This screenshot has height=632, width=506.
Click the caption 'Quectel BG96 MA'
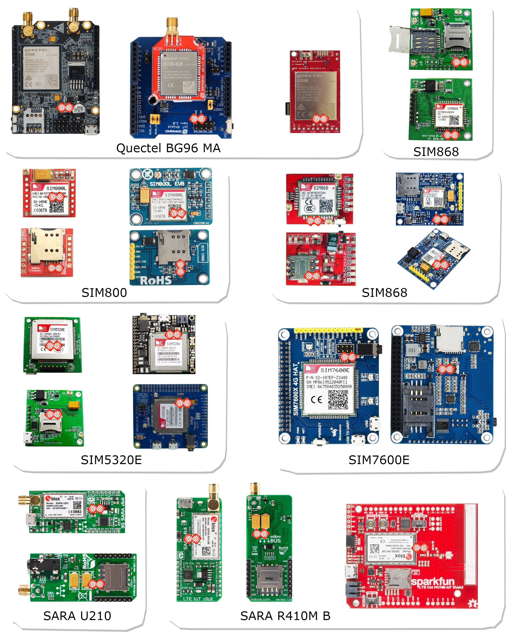coord(168,148)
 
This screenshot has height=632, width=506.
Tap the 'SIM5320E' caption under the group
coord(111,460)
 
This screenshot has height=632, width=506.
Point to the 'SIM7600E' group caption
coord(379,460)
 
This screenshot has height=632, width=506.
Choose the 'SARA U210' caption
coord(77,616)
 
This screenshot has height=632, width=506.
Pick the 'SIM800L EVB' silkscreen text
coord(167,184)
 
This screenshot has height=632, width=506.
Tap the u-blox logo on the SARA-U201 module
coord(53,498)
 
